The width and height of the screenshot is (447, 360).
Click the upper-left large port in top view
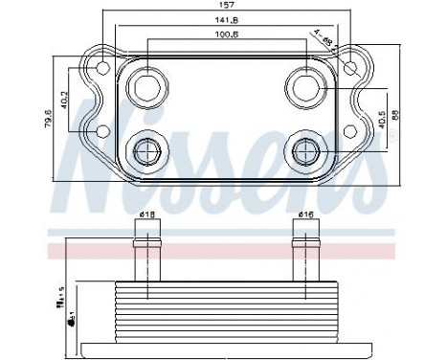[x=149, y=87]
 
